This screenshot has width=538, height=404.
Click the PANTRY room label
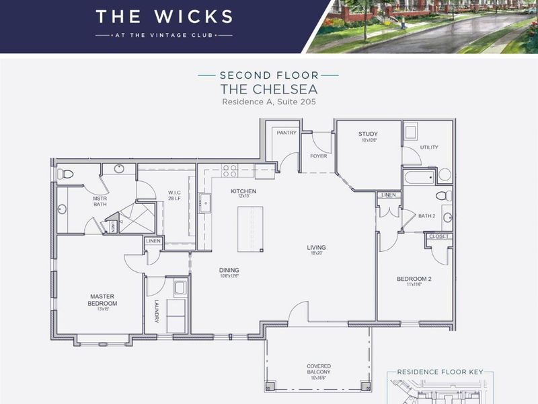286,133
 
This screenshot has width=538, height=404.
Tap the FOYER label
318,156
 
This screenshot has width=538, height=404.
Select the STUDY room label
368,134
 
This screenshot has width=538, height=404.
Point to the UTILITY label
429,147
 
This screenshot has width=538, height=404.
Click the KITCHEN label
243,191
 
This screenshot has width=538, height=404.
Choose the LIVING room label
317,246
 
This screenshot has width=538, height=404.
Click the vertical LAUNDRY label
156,311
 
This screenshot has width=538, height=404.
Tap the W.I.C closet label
176,195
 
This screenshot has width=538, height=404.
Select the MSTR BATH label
100,202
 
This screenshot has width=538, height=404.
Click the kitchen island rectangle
250,229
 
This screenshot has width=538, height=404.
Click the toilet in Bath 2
442,196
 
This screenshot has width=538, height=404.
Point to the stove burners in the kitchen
230,170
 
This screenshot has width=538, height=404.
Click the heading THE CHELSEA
268,89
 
